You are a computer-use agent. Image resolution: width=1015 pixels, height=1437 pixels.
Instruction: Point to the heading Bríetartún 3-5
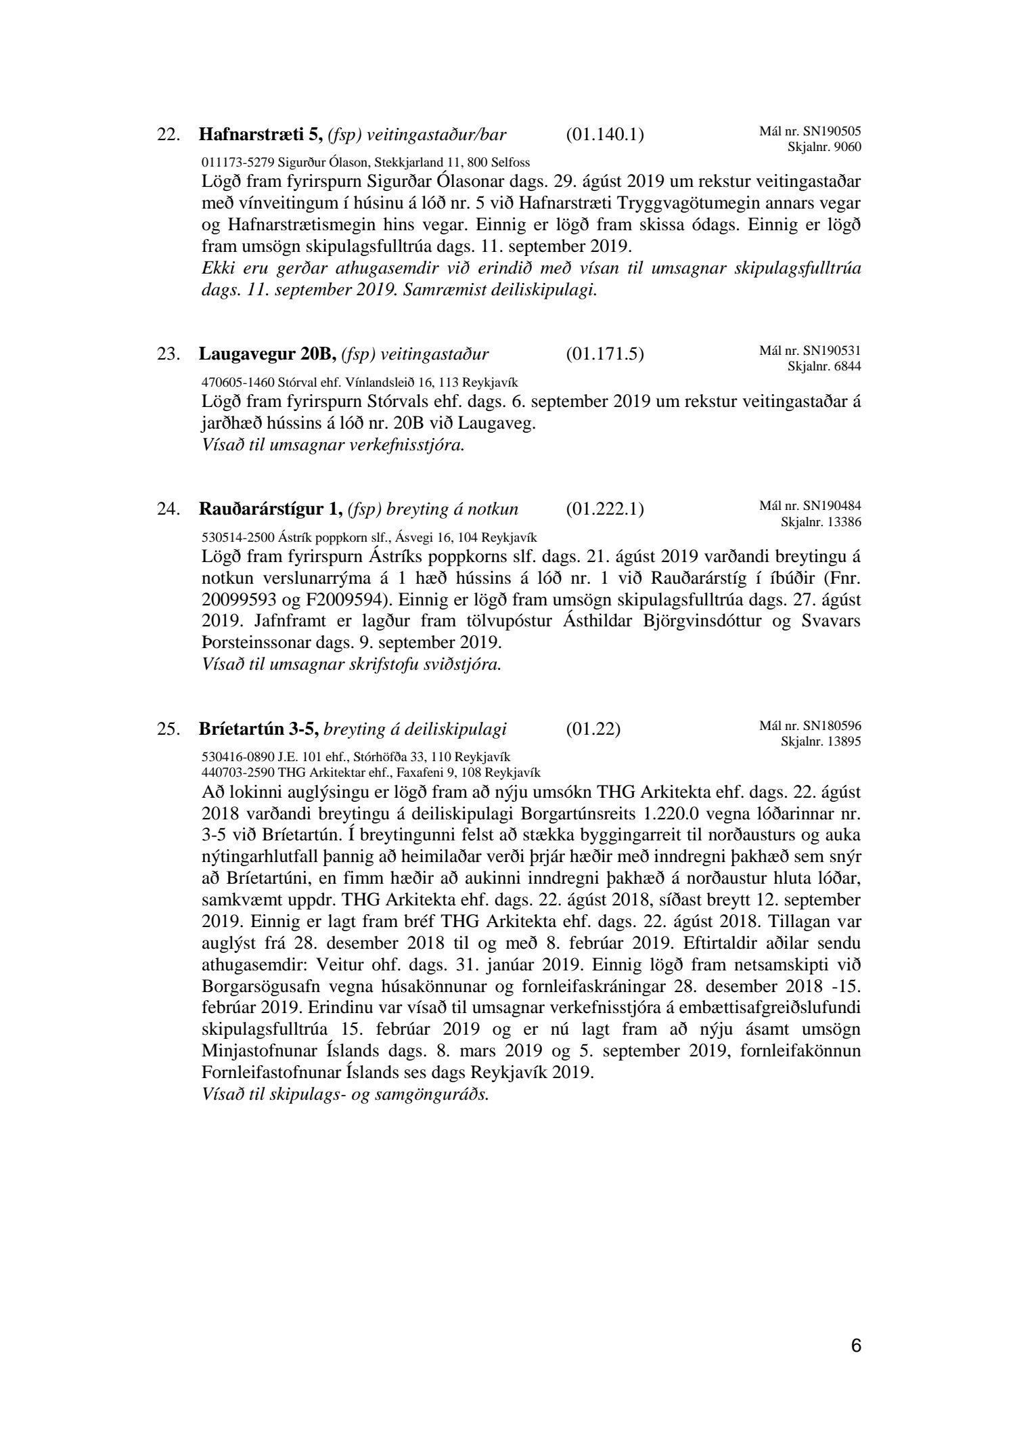[258, 729]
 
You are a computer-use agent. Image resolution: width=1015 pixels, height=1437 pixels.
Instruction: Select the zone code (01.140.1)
[604, 135]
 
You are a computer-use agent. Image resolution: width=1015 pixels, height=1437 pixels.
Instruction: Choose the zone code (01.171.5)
[604, 354]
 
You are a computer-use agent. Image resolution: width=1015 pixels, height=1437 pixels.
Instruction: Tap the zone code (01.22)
[593, 729]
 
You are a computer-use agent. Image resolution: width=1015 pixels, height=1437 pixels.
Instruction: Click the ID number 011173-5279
[238, 163]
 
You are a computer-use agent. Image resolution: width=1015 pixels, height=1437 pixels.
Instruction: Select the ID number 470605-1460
[238, 382]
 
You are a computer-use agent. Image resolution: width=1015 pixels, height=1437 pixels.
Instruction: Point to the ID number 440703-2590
[238, 773]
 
